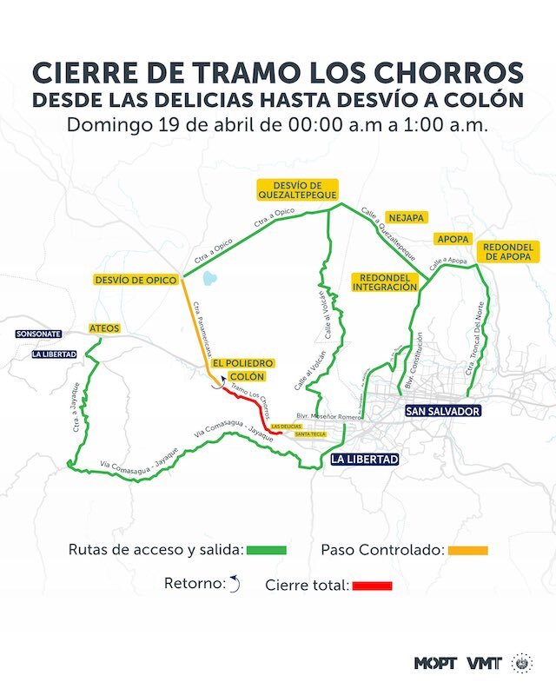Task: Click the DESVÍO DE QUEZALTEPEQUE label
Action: point(296,189)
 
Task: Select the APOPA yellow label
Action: point(453,239)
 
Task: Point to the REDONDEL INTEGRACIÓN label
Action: point(385,281)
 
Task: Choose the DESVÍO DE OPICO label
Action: point(136,280)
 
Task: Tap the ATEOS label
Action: point(104,328)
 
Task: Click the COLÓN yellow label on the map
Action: point(247,377)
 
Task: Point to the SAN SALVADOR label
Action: point(442,411)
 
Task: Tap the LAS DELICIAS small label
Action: point(287,427)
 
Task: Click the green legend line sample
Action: point(266,550)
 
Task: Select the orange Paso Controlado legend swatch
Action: point(467,550)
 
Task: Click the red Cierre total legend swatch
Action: point(372,586)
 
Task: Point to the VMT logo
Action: point(484,663)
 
